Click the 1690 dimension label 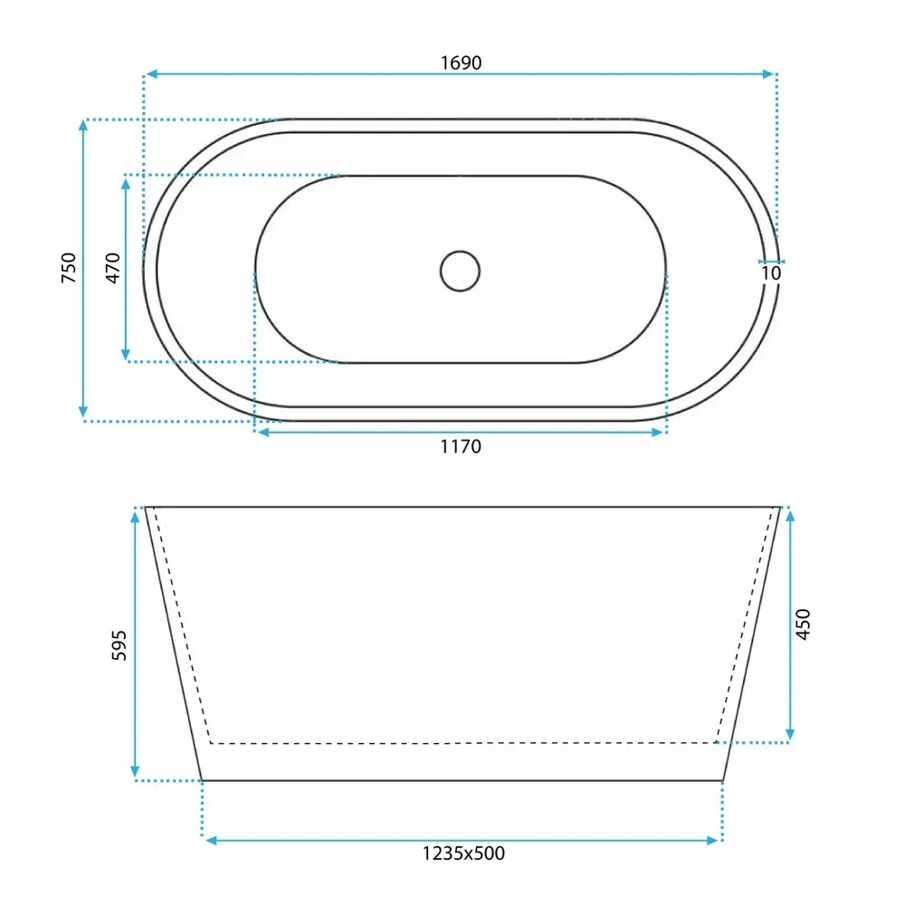(x=461, y=62)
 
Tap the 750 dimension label (x=69, y=268)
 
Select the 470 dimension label (x=113, y=268)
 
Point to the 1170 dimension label (x=461, y=446)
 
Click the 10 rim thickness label (x=771, y=273)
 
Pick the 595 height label (x=119, y=645)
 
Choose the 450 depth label (x=803, y=624)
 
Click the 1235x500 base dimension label (x=463, y=853)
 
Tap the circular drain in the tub (x=460, y=271)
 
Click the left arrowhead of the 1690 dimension (x=151, y=74)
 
